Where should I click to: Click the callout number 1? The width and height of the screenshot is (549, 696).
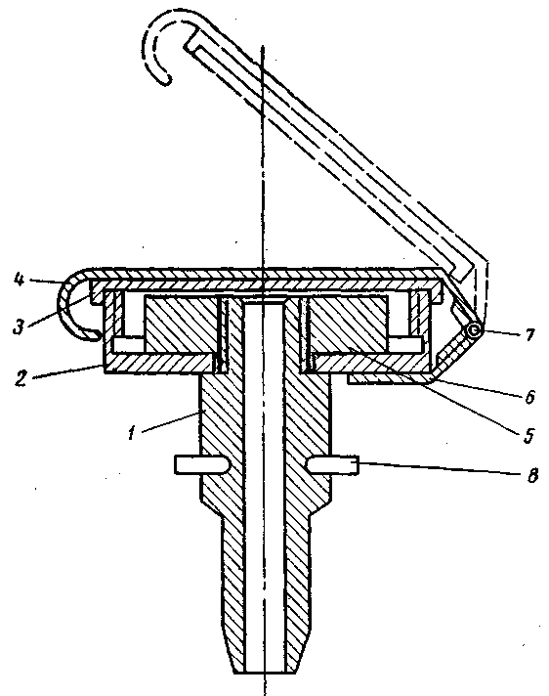tap(132, 433)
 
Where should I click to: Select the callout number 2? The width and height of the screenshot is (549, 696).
tap(20, 378)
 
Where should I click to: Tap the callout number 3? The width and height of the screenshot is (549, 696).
tap(19, 326)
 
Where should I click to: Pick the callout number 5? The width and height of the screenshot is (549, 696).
tap(528, 435)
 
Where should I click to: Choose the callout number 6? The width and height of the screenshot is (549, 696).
tap(529, 396)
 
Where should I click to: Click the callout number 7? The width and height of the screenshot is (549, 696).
tap(529, 334)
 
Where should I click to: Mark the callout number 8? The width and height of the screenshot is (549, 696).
tap(532, 475)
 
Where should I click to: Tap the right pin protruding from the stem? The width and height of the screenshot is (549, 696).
tap(332, 465)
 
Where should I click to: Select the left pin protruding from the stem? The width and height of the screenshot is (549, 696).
tap(202, 464)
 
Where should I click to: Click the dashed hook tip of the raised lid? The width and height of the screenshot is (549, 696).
tap(165, 79)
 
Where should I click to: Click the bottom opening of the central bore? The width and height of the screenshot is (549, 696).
tap(264, 672)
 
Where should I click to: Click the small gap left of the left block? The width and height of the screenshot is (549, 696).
tap(128, 344)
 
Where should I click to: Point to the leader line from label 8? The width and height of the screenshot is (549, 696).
tap(441, 469)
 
